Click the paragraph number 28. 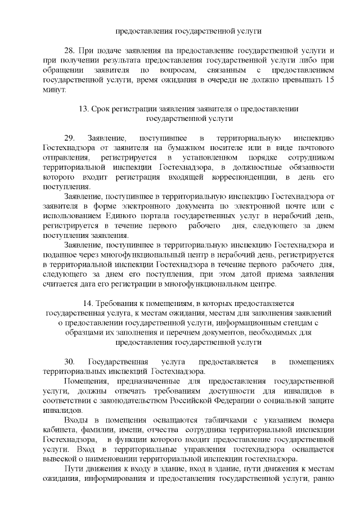pos(70,52)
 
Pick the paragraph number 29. pos(70,138)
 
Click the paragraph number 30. pos(70,361)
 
